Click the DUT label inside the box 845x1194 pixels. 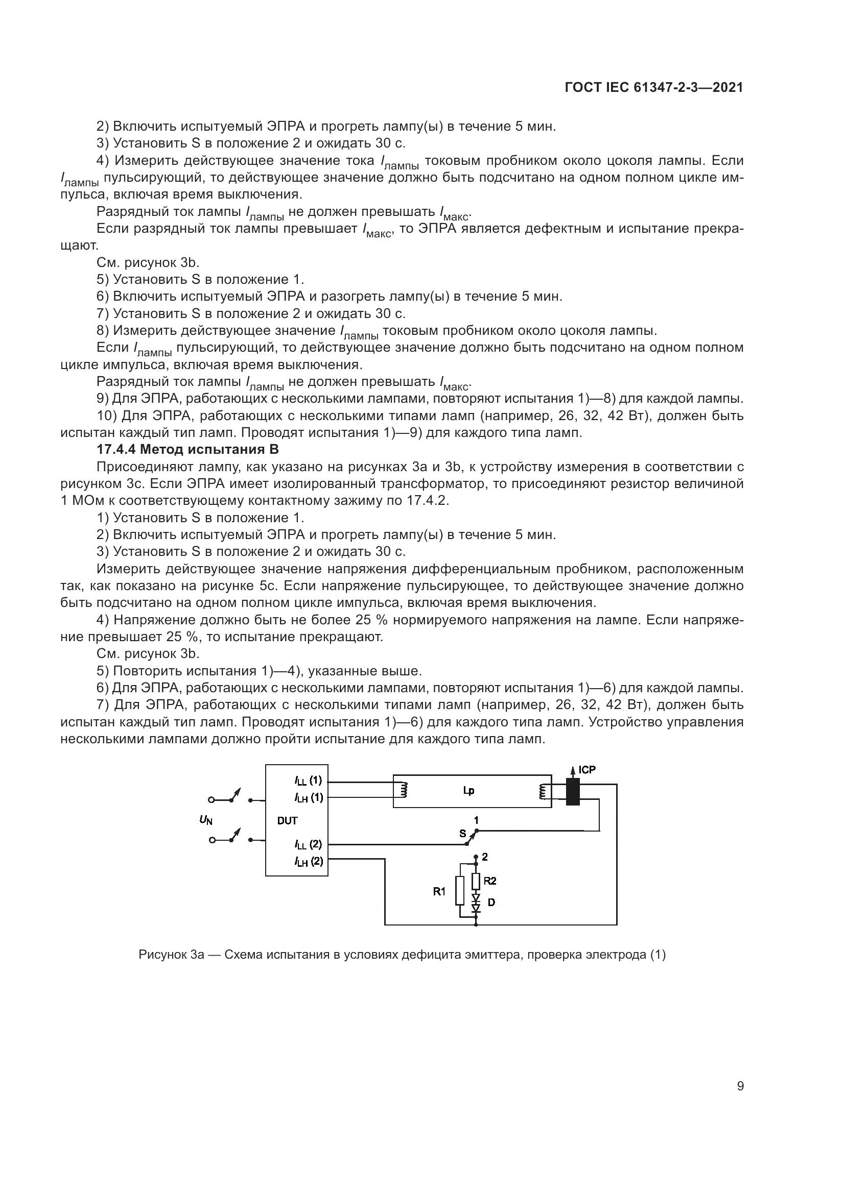[287, 821]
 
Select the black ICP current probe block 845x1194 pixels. [572, 792]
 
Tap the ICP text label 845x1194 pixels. [587, 770]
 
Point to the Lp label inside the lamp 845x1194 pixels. [468, 790]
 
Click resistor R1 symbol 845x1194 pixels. [459, 891]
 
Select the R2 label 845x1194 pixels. [489, 881]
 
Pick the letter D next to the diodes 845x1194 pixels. [491, 902]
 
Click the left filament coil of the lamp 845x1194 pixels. [403, 791]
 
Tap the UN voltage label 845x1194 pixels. [206, 820]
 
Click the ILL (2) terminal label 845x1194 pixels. [309, 844]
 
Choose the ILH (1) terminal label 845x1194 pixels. [309, 797]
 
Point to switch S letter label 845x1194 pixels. [462, 834]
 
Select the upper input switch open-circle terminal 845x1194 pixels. [212, 800]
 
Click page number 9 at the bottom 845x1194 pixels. [740, 1086]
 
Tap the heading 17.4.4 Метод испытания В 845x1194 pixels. [188, 449]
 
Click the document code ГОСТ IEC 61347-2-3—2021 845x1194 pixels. [653, 88]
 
